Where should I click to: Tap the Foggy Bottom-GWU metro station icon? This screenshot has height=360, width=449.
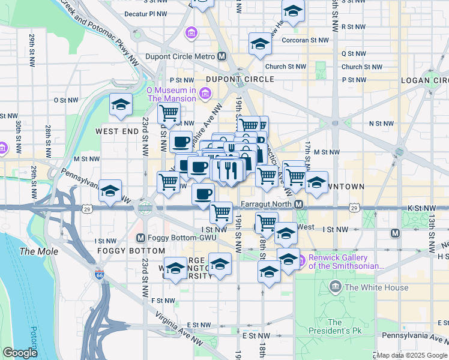pos(141,237)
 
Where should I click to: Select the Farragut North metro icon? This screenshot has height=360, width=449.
pos(299,204)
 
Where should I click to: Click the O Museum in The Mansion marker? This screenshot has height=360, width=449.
pos(206,93)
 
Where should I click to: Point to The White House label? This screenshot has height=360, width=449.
pos(376,287)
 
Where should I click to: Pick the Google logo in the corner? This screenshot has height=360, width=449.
pos(20,353)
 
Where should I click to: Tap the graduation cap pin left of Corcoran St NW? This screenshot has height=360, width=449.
pos(260,44)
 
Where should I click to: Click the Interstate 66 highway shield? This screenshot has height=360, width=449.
pos(99,275)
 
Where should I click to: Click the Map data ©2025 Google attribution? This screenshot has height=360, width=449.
pos(412,355)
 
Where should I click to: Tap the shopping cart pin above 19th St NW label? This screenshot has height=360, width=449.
pos(221,212)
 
